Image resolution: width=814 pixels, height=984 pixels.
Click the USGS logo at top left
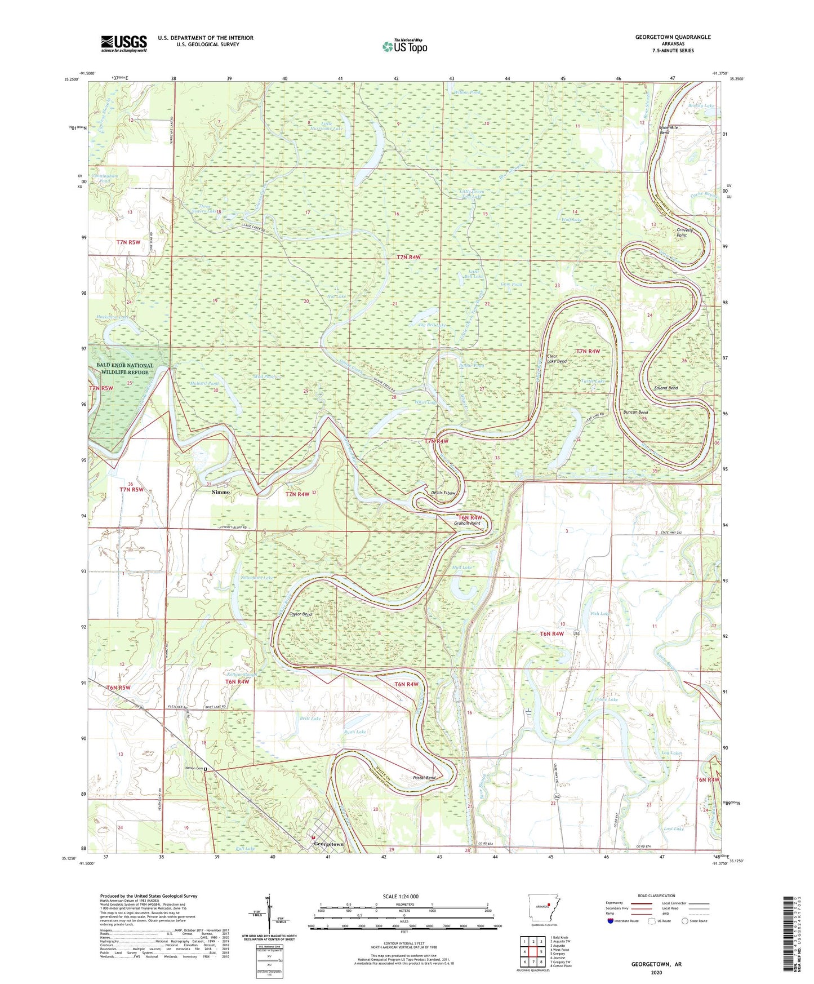click(124, 43)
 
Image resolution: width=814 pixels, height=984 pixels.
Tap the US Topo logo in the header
click(404, 46)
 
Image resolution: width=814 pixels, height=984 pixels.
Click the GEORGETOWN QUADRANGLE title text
click(673, 37)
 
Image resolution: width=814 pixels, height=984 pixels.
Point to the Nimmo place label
click(220, 492)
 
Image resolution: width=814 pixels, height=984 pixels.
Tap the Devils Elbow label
click(443, 493)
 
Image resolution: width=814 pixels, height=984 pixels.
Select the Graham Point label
click(468, 524)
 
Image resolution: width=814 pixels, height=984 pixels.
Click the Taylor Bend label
click(300, 614)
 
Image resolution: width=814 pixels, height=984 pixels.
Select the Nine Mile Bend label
click(669, 130)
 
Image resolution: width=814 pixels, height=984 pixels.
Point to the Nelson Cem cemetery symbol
click(206, 768)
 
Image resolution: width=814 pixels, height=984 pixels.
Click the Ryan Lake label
click(355, 732)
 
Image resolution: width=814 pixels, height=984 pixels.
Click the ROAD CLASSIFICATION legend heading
click(656, 896)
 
